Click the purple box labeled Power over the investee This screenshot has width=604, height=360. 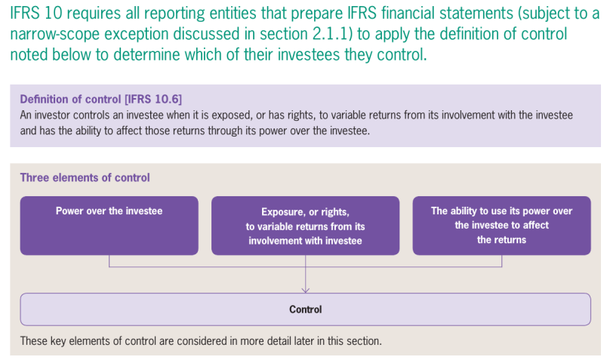(x=109, y=225)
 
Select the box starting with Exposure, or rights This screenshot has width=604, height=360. (x=305, y=225)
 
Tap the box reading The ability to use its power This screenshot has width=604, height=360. (x=501, y=225)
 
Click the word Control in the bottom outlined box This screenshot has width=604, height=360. (x=305, y=309)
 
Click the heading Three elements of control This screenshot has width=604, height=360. (x=85, y=177)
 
